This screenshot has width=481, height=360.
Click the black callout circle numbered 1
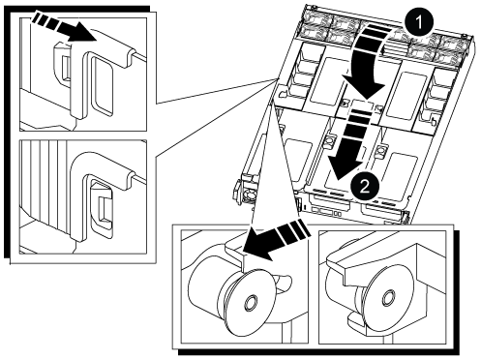pyautogui.click(x=418, y=22)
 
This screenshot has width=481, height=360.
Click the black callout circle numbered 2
pyautogui.click(x=364, y=186)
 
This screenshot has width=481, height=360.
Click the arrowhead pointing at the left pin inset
pyautogui.click(x=258, y=244)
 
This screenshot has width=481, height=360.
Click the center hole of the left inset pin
pyautogui.click(x=250, y=302)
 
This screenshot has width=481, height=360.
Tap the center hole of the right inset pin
pyautogui.click(x=387, y=297)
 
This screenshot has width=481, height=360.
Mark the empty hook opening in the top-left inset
pyautogui.click(x=103, y=84)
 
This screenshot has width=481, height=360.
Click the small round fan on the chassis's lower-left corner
pyautogui.click(x=248, y=195)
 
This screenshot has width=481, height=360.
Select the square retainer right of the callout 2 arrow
pyautogui.click(x=381, y=150)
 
